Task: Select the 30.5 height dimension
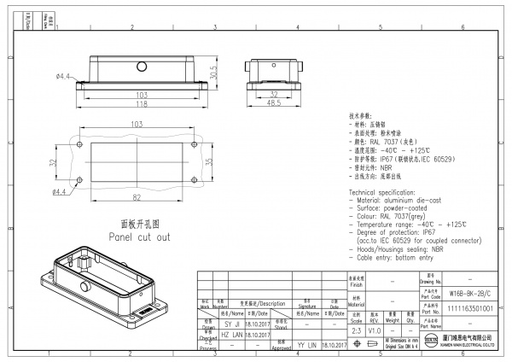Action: click(214, 73)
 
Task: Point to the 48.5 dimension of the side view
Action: click(274, 103)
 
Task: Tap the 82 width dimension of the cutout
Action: click(136, 197)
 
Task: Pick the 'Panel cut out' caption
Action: click(138, 236)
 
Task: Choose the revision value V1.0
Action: click(375, 330)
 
